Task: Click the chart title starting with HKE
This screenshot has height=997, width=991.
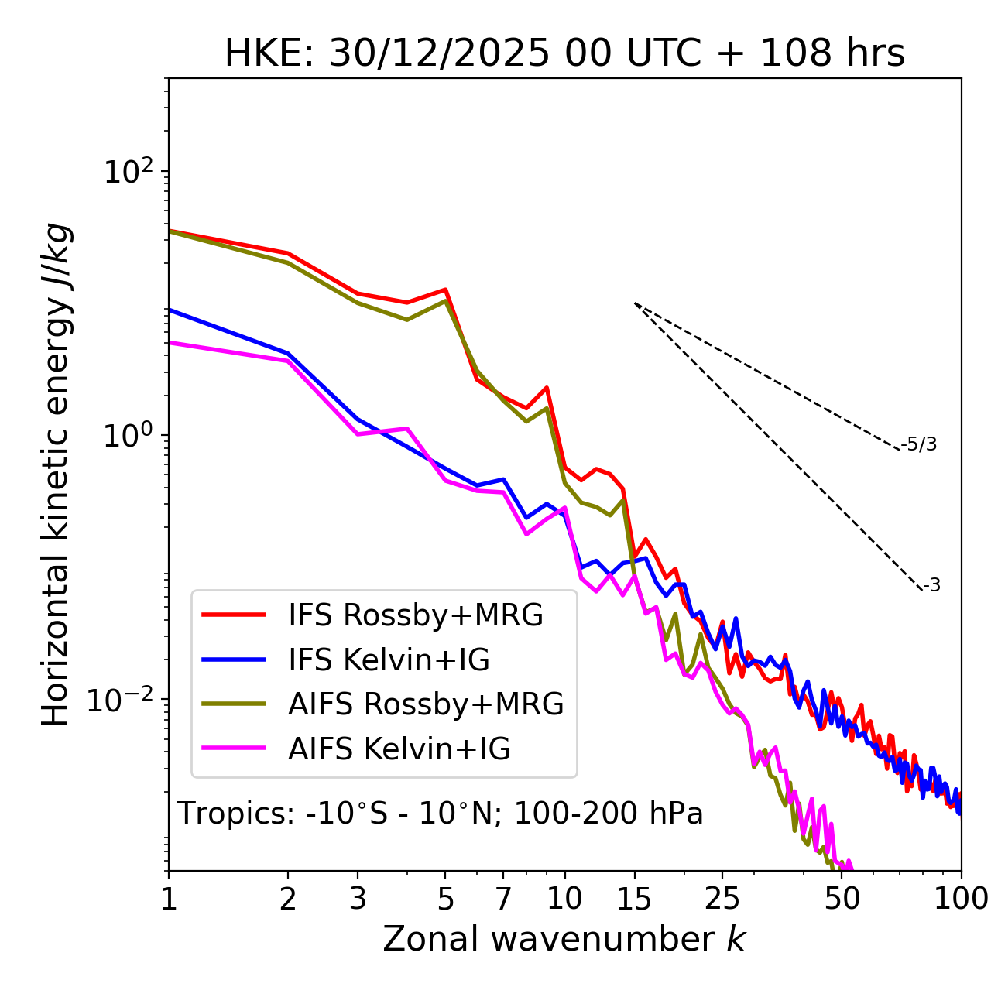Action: tap(564, 54)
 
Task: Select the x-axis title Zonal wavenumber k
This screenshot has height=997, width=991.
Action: tap(564, 939)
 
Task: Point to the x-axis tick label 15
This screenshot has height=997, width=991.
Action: tap(634, 899)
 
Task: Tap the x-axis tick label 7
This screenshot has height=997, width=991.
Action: tap(503, 899)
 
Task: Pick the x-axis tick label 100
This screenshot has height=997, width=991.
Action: tap(961, 899)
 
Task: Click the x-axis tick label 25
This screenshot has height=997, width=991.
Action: tap(722, 899)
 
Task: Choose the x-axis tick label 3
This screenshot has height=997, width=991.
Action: tap(357, 899)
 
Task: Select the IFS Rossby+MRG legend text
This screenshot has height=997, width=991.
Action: tap(416, 615)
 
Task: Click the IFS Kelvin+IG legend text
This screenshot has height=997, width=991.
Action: tap(389, 660)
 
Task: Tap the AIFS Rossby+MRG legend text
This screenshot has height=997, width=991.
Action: tap(426, 704)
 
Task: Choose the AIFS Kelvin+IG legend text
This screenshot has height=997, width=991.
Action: tap(399, 749)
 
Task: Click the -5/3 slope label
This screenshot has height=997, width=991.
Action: tap(919, 445)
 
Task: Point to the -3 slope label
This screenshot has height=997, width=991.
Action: tap(932, 586)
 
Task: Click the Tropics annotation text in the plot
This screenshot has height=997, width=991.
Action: tap(440, 814)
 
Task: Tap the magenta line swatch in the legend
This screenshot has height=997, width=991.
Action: tap(234, 749)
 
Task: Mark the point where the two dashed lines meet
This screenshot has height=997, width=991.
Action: tap(635, 303)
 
